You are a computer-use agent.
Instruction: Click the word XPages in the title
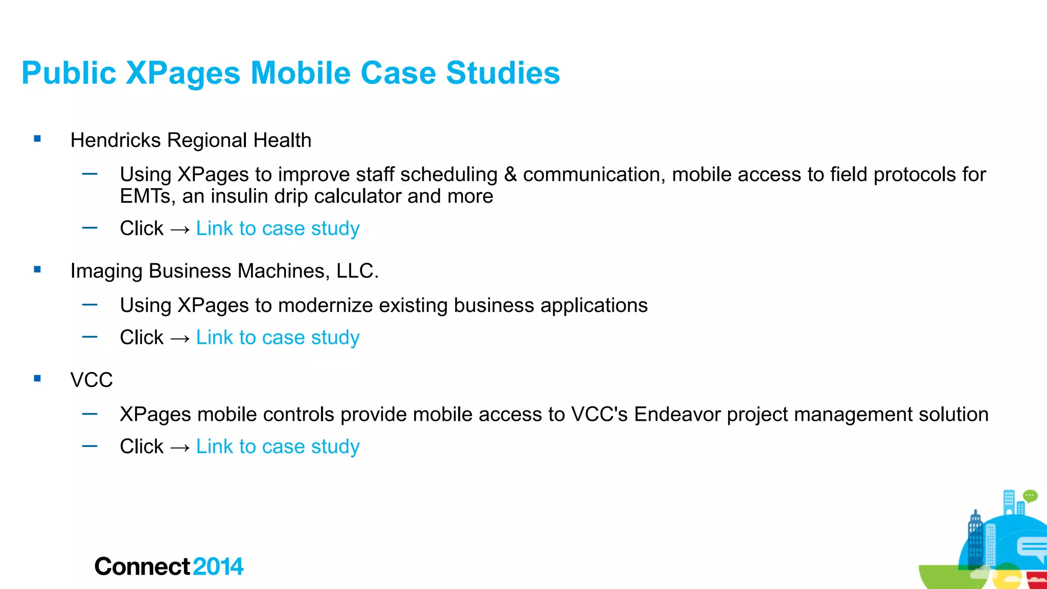click(x=183, y=73)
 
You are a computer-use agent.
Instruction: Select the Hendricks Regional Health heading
click(x=191, y=140)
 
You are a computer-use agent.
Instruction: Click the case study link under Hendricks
click(x=278, y=229)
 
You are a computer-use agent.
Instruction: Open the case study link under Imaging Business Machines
click(x=278, y=337)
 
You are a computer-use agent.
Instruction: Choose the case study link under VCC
click(x=278, y=446)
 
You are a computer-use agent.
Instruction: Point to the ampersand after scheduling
click(x=510, y=174)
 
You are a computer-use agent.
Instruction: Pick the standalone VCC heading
click(x=92, y=380)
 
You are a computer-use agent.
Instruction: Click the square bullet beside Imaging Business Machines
click(x=37, y=269)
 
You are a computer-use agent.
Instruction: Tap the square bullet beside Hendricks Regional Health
click(x=37, y=139)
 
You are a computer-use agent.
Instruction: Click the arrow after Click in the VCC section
click(x=180, y=447)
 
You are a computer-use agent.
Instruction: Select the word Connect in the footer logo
click(x=142, y=567)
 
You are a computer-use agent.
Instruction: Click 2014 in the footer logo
click(x=218, y=567)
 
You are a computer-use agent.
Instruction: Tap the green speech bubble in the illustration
click(x=1030, y=495)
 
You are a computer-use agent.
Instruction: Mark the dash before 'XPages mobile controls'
click(x=89, y=414)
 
